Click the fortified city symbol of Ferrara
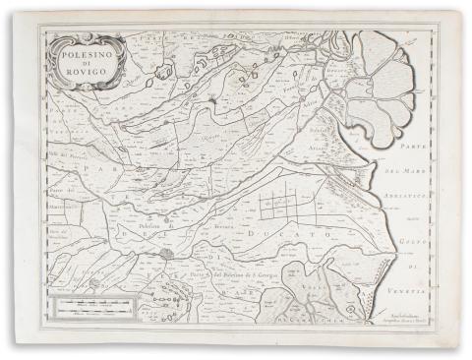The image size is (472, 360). pyautogui.click(x=168, y=253)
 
